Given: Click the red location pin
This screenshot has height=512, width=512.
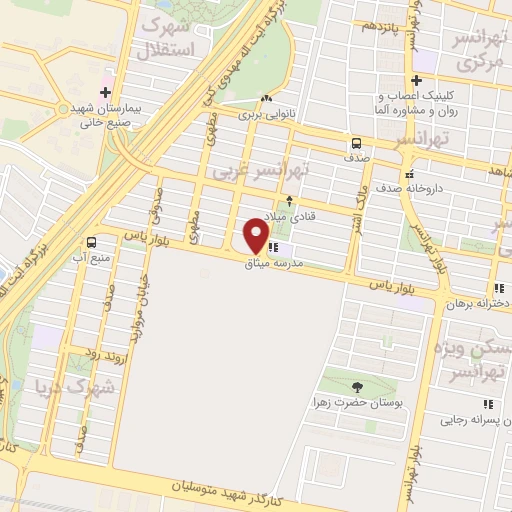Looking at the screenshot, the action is click(x=256, y=236).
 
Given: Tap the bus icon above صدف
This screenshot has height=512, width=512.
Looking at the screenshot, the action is click(x=357, y=142).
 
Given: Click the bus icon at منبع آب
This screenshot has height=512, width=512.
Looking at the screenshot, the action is click(x=91, y=242).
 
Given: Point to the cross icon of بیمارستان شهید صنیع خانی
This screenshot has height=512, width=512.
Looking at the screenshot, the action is click(x=106, y=76).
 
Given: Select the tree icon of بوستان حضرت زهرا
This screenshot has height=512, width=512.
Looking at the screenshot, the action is click(x=357, y=388).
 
